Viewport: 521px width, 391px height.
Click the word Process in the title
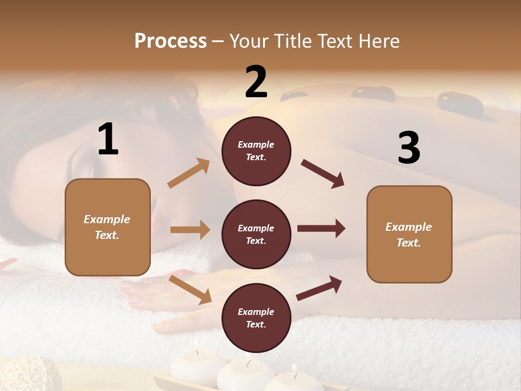[x=170, y=41]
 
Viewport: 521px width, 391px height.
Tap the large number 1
[x=108, y=140]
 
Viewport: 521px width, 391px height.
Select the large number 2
[x=256, y=83]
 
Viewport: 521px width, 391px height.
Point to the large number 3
[x=409, y=148]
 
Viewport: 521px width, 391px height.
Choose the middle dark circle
[x=256, y=234]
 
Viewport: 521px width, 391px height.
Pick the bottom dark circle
[x=256, y=318]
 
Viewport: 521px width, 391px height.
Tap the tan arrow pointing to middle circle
[x=190, y=230]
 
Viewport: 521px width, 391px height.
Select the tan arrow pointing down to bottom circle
[x=190, y=290]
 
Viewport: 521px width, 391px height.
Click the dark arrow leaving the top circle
[x=323, y=174]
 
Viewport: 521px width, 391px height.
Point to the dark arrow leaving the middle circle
[x=321, y=229]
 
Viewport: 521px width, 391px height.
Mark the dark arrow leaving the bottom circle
[x=320, y=288]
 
